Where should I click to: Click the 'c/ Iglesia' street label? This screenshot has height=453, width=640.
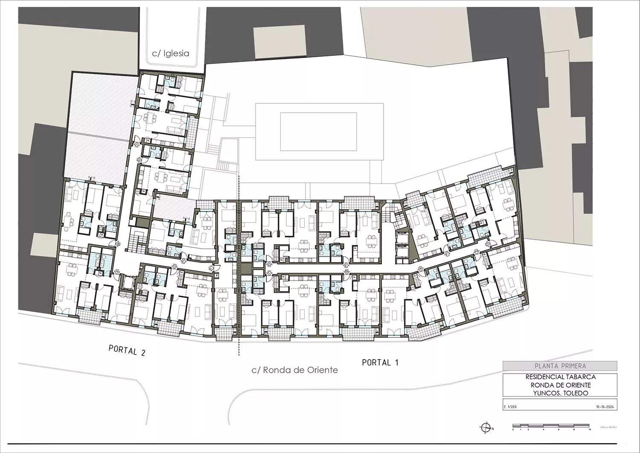click(171, 54)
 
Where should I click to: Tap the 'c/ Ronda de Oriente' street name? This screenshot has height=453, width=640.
click(294, 370)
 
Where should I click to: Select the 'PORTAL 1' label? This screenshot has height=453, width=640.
click(380, 362)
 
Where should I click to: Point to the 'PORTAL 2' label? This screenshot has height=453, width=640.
click(127, 351)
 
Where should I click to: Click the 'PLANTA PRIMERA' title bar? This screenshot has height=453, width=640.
click(560, 366)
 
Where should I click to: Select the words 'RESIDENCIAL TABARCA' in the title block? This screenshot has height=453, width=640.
click(560, 377)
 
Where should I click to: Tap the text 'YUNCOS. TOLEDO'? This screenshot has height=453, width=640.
click(560, 393)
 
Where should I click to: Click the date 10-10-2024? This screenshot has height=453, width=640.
click(605, 407)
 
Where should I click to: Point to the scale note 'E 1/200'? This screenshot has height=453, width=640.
click(510, 407)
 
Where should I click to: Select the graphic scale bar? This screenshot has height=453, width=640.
click(551, 426)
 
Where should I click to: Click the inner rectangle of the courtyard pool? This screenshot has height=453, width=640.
click(318, 131)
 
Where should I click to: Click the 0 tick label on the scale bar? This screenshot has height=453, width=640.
click(514, 430)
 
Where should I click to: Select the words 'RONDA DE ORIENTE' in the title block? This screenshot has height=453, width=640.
click(560, 385)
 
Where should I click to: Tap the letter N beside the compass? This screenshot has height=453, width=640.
click(493, 428)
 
